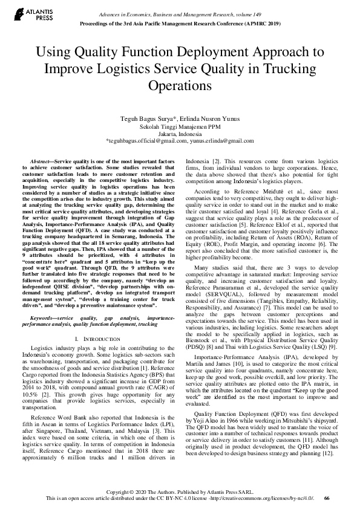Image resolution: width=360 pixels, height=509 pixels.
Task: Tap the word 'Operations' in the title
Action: (x=180, y=85)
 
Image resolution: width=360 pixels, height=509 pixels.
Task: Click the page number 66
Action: (x=327, y=498)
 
